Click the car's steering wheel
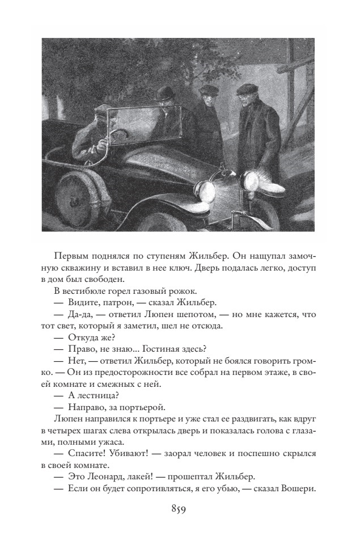(x=116, y=137)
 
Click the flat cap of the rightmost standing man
(x=247, y=89)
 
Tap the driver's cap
(x=97, y=119)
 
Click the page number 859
(x=179, y=509)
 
